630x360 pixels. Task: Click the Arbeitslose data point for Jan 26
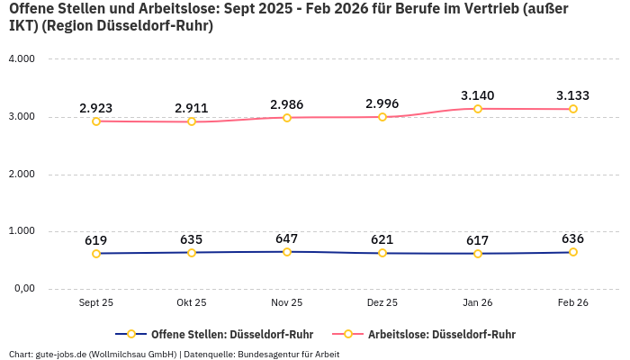[478, 109]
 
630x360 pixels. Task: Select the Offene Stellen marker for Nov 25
[287, 252]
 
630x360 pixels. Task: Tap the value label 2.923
[96, 108]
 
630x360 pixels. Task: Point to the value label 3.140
[478, 95]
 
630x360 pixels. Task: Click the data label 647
[287, 238]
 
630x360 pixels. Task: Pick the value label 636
[573, 238]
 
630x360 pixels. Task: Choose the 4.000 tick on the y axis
[21, 58]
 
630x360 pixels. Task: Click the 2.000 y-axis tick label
[21, 174]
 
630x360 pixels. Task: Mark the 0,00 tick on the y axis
[22, 289]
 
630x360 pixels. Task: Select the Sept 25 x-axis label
[96, 303]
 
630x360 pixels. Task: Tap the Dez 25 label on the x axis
[382, 303]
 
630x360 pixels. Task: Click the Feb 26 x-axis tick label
[573, 303]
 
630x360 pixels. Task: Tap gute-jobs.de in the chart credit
[58, 354]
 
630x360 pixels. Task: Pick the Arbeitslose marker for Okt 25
[192, 121]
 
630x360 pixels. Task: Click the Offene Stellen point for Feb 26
[573, 252]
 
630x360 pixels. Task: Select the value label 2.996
[382, 103]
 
